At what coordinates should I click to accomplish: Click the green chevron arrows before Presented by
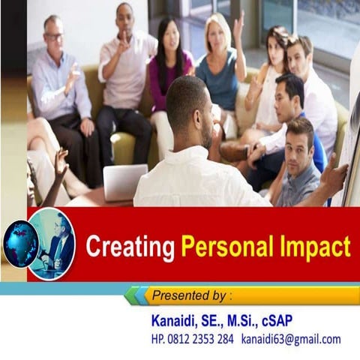click(135, 295)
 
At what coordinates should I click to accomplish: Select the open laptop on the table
click(124, 182)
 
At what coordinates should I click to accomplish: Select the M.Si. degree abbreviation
click(240, 321)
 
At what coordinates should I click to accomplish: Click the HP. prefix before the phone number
click(160, 339)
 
